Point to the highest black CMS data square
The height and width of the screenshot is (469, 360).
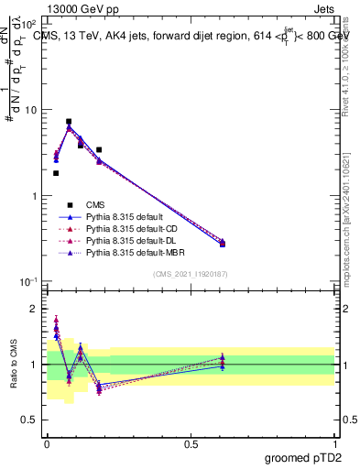pyautogui.click(x=69, y=121)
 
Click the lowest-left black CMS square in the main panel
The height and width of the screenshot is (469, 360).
pyautogui.click(x=56, y=173)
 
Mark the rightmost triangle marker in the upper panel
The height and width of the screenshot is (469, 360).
pyautogui.click(x=223, y=242)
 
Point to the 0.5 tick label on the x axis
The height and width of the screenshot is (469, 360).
pyautogui.click(x=191, y=443)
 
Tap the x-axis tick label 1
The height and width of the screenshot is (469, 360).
pyautogui.click(x=334, y=443)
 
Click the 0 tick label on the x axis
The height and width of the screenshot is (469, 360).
pyautogui.click(x=47, y=443)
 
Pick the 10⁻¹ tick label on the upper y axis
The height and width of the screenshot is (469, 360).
pyautogui.click(x=28, y=282)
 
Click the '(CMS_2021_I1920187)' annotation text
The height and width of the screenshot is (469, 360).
pyautogui.click(x=191, y=274)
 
